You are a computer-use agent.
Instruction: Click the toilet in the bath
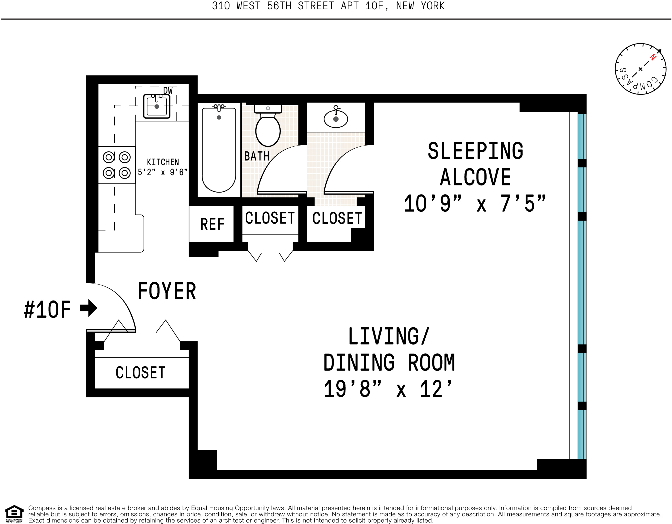pyautogui.click(x=268, y=126)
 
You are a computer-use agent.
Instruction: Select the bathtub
pyautogui.click(x=219, y=150)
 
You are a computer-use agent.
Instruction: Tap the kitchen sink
pyautogui.click(x=157, y=106)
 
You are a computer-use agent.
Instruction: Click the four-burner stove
pyautogui.click(x=117, y=165)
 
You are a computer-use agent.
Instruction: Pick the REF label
pyautogui.click(x=212, y=224)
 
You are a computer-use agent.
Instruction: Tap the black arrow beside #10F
pyautogui.click(x=89, y=308)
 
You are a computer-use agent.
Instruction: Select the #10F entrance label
pyautogui.click(x=47, y=309)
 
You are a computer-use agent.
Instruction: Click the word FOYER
pyautogui.click(x=167, y=291)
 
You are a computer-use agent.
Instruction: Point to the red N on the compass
pyautogui.click(x=653, y=57)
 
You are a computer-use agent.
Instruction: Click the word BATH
pyautogui.click(x=257, y=156)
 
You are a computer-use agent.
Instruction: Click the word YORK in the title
pyautogui.click(x=432, y=6)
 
